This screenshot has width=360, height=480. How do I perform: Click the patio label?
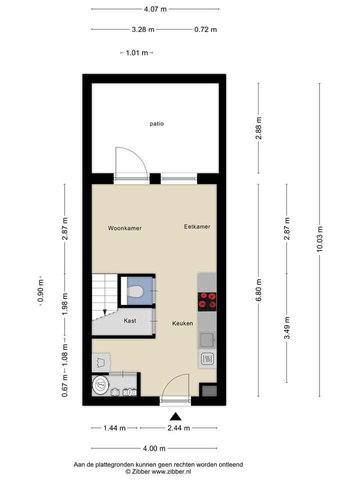tap(156, 123)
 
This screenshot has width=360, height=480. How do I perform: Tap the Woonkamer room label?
tap(124, 228)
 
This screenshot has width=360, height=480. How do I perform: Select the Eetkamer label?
tap(197, 226)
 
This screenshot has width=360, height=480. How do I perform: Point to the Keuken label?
tap(182, 323)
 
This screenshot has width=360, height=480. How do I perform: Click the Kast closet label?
tap(130, 320)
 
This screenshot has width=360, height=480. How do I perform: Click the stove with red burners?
tap(207, 301)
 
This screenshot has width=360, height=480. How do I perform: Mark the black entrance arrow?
tap(175, 416)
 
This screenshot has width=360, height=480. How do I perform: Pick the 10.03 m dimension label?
tap(320, 240)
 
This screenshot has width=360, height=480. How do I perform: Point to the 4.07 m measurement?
tap(155, 9)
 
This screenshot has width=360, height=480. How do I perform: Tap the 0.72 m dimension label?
tap(205, 29)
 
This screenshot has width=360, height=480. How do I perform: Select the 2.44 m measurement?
tap(179, 428)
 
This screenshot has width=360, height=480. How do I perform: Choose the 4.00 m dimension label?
tap(154, 448)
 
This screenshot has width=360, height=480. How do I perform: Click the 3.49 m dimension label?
tap(287, 328)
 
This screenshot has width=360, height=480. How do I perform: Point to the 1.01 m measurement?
tap(137, 53)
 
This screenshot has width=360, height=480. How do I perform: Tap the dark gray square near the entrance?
tap(208, 390)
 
